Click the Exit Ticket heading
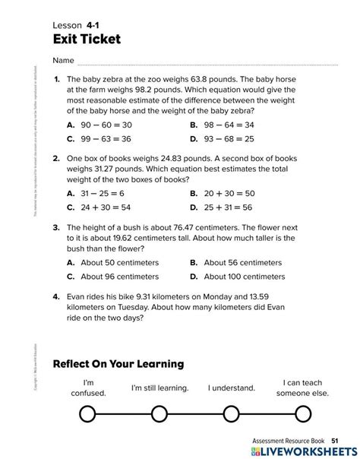point(87,39)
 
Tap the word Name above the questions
point(64,60)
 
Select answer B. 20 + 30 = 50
point(222,193)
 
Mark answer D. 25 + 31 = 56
point(222,207)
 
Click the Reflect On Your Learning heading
point(118,364)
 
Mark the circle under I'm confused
point(88,413)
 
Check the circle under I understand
point(230,413)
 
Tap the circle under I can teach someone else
point(302,413)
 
